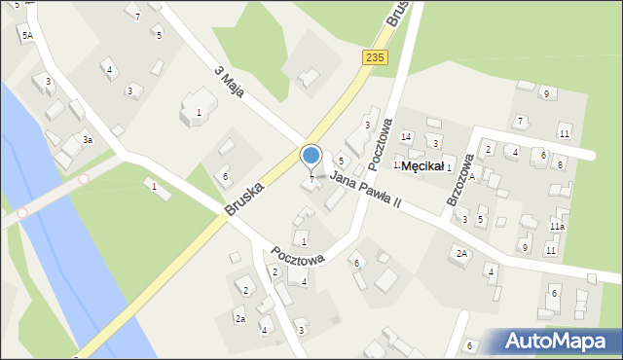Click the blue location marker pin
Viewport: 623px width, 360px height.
tap(311, 156)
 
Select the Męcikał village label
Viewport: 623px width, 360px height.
tap(422, 166)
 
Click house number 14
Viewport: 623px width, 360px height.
tap(406, 136)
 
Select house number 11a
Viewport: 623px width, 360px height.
tap(557, 226)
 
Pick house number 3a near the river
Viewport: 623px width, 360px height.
tap(87, 140)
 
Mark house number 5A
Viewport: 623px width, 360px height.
tap(27, 35)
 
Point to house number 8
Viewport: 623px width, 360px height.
tap(560, 164)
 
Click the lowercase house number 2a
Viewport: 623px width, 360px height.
tap(239, 318)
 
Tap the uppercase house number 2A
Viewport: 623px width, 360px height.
tap(461, 253)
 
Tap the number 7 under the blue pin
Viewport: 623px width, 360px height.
tap(311, 179)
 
